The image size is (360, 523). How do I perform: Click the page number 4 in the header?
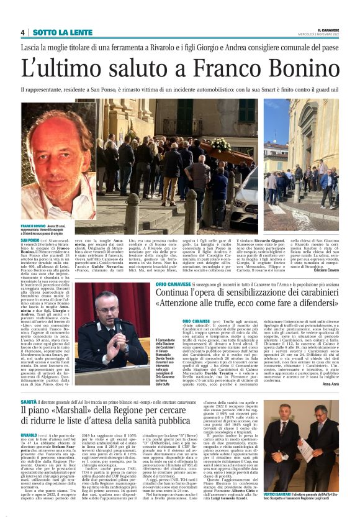click(23, 32)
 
